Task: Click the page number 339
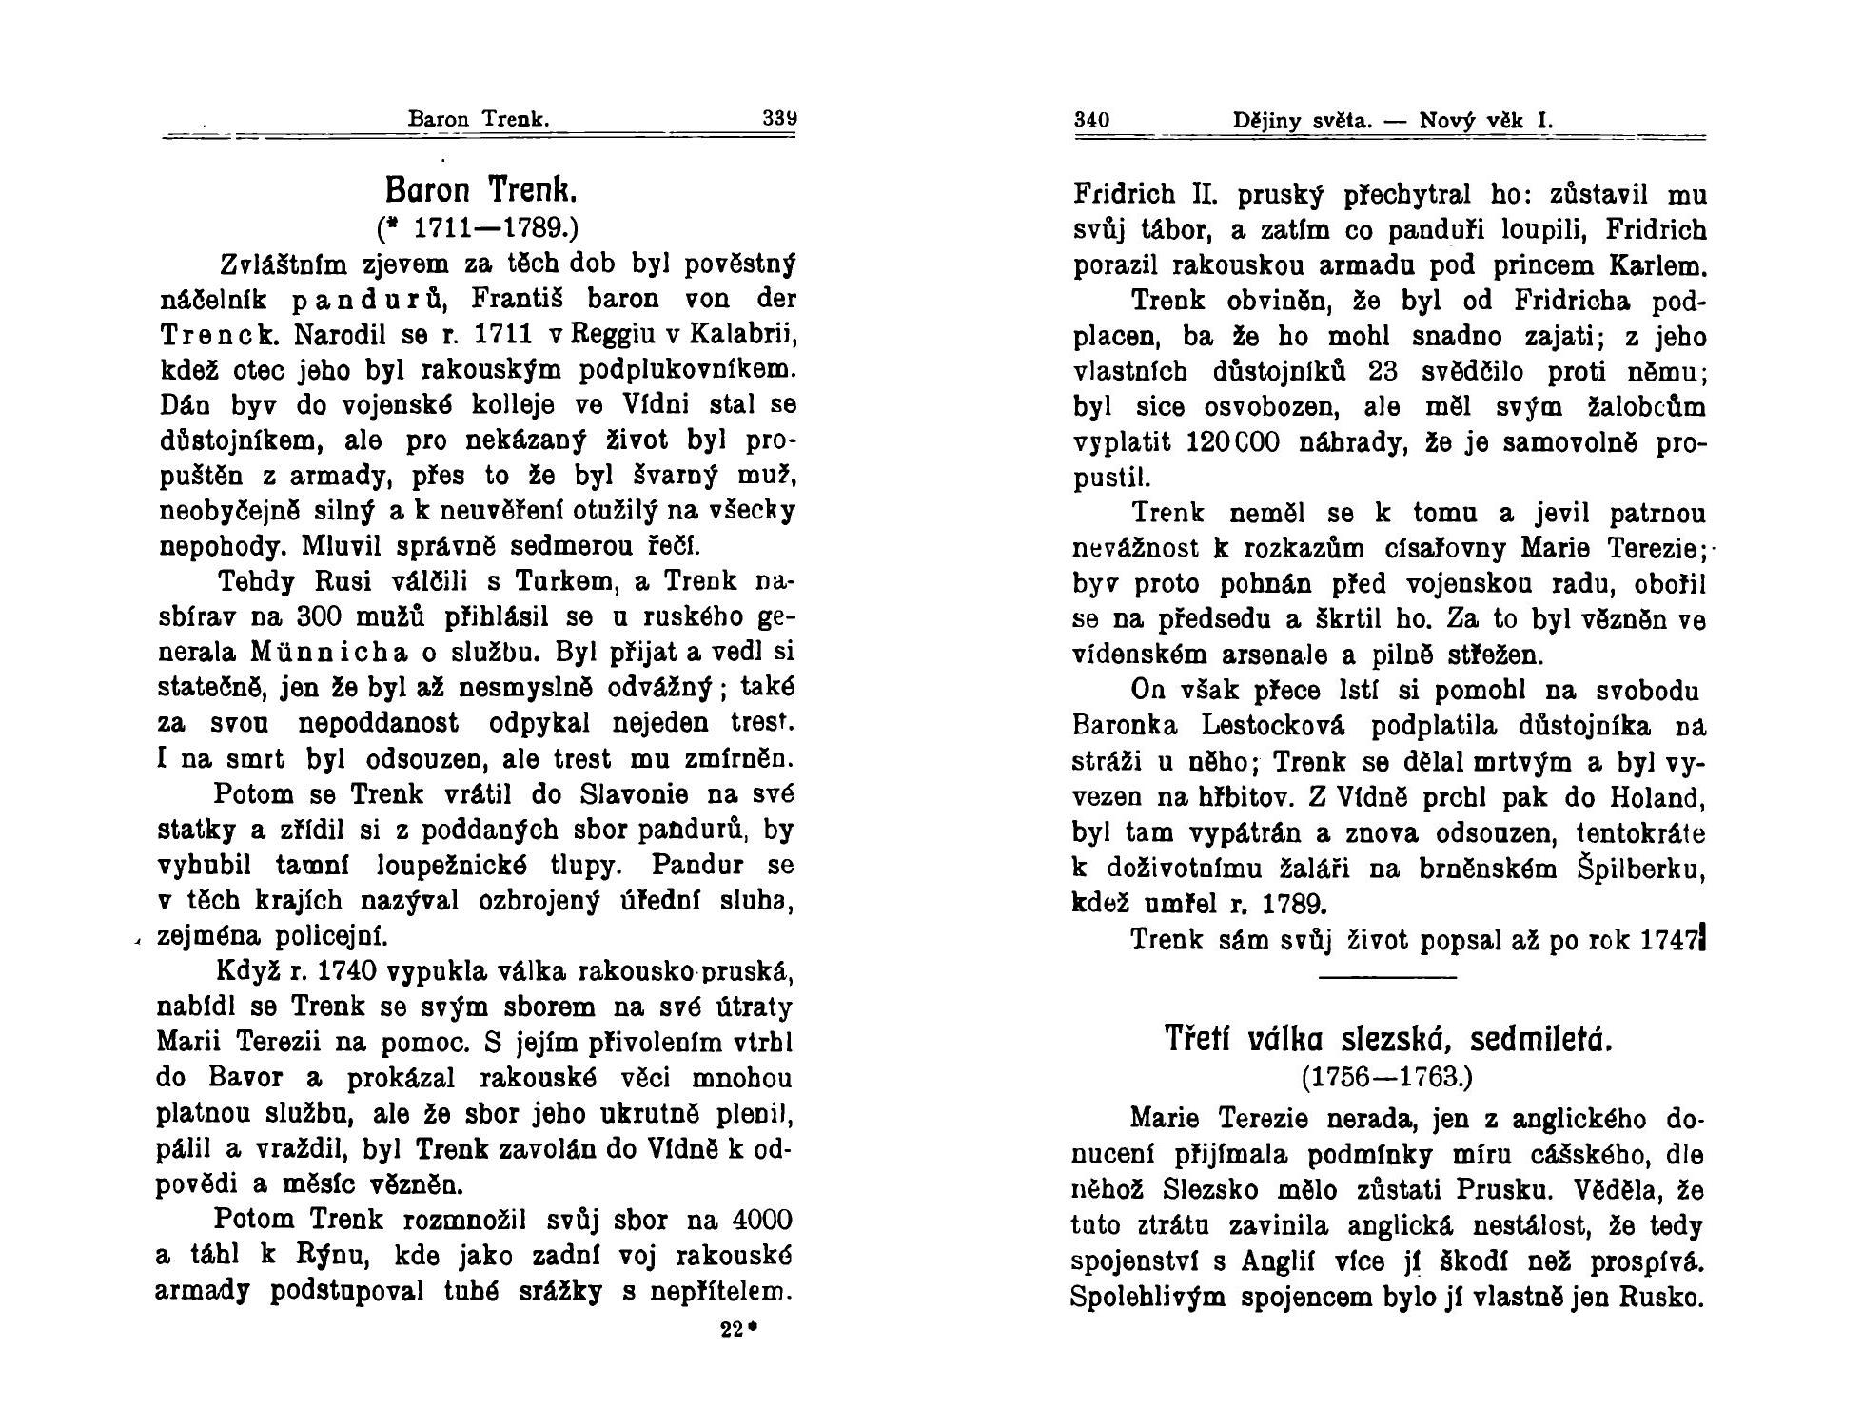(779, 120)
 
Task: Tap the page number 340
(1091, 121)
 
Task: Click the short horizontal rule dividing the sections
(1388, 977)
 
